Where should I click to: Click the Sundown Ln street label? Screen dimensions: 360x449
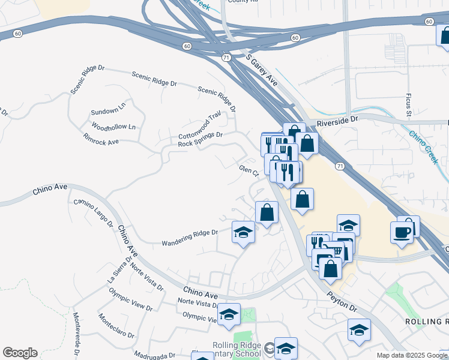pyautogui.click(x=108, y=112)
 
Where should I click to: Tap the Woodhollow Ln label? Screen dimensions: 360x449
pyautogui.click(x=113, y=127)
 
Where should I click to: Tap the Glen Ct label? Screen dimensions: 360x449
pyautogui.click(x=249, y=171)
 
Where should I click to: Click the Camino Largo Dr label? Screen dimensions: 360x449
pyautogui.click(x=94, y=214)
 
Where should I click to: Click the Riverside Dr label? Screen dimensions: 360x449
pyautogui.click(x=337, y=119)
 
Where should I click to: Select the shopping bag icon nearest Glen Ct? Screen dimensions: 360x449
pyautogui.click(x=267, y=212)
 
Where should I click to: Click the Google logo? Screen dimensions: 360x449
pyautogui.click(x=20, y=353)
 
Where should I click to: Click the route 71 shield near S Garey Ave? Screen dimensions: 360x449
pyautogui.click(x=224, y=58)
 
